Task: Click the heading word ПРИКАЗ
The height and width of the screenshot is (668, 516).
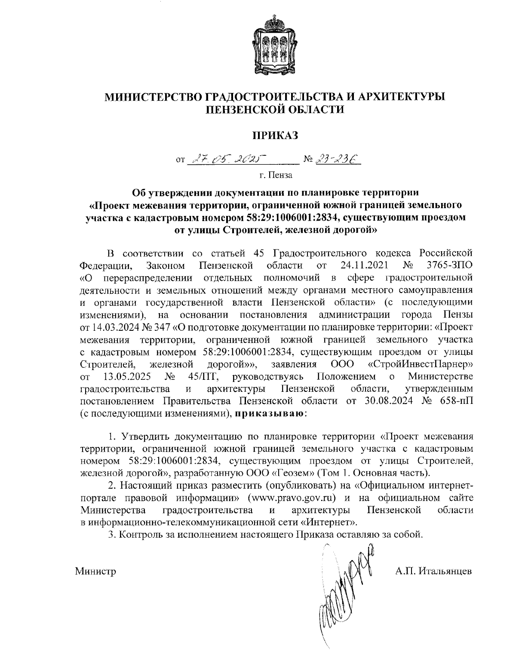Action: click(275, 135)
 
